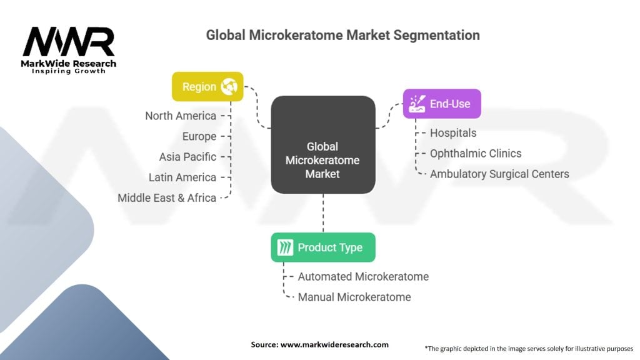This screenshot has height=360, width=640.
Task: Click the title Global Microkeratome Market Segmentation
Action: tap(342, 35)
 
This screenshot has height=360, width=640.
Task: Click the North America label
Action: tap(181, 116)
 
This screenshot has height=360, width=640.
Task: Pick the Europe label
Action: tap(199, 136)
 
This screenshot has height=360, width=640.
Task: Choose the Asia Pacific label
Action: tap(187, 157)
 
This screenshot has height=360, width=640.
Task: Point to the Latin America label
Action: tap(182, 177)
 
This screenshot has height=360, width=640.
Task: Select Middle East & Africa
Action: tap(167, 198)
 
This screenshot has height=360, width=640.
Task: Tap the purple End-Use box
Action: tap(442, 104)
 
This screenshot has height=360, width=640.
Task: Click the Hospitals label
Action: tap(453, 133)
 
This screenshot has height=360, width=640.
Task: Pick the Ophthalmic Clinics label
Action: tap(475, 153)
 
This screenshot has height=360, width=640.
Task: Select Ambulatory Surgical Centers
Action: tap(499, 174)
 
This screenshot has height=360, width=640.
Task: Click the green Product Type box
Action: tap(323, 247)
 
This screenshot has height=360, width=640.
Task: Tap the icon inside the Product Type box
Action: tap(285, 247)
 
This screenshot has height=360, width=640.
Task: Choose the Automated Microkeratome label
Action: tap(363, 276)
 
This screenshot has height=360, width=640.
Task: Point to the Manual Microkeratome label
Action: tap(354, 297)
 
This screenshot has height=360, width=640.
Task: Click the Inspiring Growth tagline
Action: tap(69, 71)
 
